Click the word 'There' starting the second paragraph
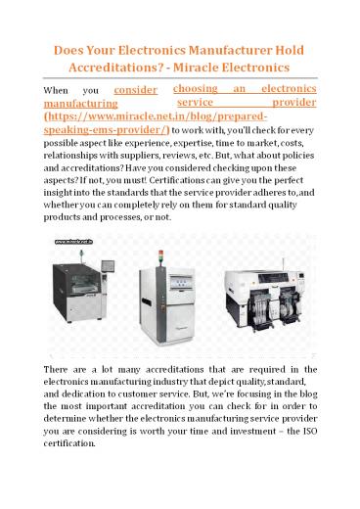coord(61,365)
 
